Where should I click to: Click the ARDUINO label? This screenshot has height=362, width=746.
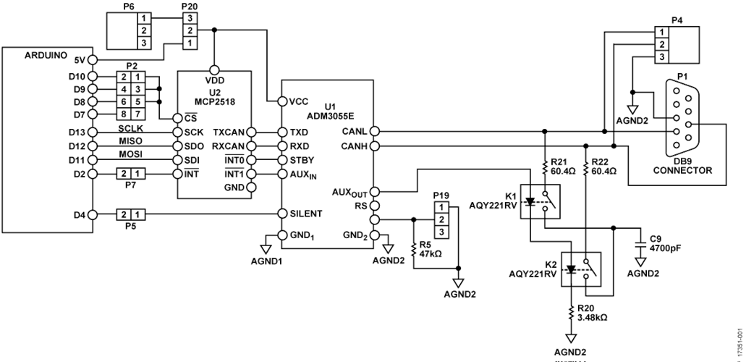pos(46,55)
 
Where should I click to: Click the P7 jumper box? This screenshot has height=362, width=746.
pos(131,174)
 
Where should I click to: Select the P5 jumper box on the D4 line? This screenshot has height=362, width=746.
pos(131,214)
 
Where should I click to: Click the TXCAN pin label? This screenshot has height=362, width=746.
pos(229,133)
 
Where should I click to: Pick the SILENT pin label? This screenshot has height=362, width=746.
pos(305,214)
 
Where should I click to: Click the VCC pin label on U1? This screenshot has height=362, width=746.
pos(299,101)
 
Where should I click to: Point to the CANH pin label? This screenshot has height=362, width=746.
pos(353,146)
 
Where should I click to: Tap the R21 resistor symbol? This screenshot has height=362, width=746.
pos(546,169)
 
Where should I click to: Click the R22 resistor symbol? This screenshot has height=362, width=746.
pos(586,169)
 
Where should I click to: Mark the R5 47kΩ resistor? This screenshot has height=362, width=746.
pos(414,248)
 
